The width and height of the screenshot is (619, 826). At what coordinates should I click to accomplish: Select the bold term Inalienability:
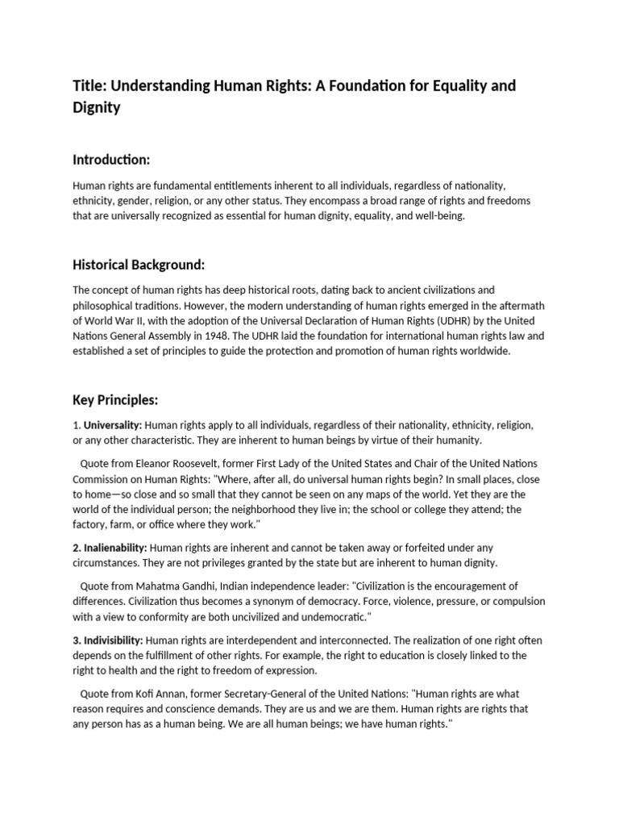[113, 548]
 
